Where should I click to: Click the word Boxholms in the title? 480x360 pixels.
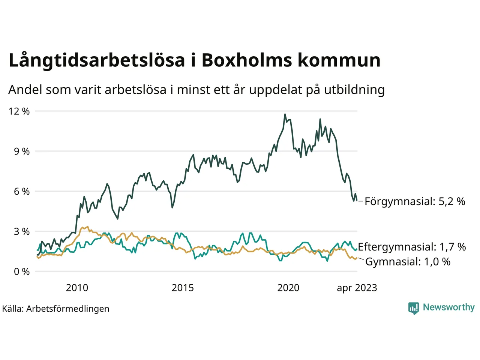pos(246,60)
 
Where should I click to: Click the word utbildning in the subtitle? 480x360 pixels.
pos(354,90)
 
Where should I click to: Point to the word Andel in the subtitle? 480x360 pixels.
pos(25,90)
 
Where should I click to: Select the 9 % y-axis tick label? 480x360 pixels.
pos(22,151)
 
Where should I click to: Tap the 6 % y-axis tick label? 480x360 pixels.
pos(22,191)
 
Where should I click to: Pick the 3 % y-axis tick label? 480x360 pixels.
pos(22,231)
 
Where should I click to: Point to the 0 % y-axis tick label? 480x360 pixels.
pos(22,271)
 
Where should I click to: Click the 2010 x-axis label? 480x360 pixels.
pos(77,288)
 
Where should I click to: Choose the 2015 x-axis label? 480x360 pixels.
pos(183,288)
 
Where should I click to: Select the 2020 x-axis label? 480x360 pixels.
pos(288,288)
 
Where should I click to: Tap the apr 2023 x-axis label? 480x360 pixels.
pos(357,288)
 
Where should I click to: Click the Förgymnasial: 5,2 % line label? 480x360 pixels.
pos(415,201)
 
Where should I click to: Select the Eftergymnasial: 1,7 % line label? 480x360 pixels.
pos(412,247)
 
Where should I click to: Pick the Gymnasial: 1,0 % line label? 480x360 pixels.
pos(408,262)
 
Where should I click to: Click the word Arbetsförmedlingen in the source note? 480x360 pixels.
pos(68,309)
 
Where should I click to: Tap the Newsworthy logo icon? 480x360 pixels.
pos(413,308)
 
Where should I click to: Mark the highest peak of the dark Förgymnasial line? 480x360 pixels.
pos(285,114)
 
